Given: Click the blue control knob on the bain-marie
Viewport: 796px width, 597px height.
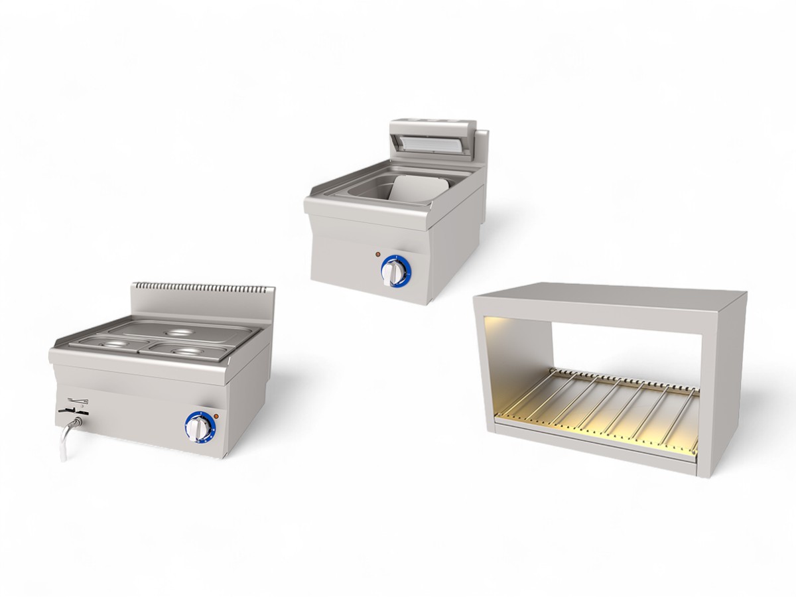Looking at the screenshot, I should click(x=199, y=427).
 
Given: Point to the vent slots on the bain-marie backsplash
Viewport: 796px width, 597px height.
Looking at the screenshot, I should click(x=202, y=288).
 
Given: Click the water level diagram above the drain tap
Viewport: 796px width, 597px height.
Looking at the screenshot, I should click(x=78, y=400).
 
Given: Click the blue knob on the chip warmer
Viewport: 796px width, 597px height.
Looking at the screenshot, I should click(x=395, y=271).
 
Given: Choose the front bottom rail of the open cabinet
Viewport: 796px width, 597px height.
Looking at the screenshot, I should click(x=590, y=451).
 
